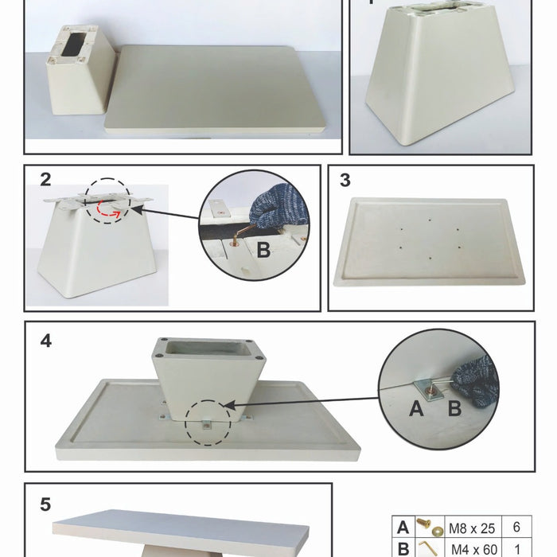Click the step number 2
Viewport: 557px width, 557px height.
pyautogui.click(x=45, y=180)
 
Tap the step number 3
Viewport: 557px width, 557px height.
pyautogui.click(x=345, y=180)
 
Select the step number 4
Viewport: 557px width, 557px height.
pyautogui.click(x=46, y=341)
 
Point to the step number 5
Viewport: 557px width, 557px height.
pyautogui.click(x=45, y=504)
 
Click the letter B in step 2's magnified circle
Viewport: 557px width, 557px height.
pyautogui.click(x=263, y=250)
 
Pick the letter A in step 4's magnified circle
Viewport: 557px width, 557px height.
pyautogui.click(x=416, y=408)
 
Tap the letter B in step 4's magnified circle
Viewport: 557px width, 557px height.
pyautogui.click(x=454, y=408)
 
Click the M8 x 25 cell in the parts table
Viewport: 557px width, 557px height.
pyautogui.click(x=472, y=528)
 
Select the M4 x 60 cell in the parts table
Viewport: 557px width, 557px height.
pyautogui.click(x=474, y=550)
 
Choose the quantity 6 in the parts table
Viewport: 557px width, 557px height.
pyautogui.click(x=516, y=527)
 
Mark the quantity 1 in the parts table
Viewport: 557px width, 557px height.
pyautogui.click(x=517, y=549)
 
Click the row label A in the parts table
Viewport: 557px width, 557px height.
pyautogui.click(x=403, y=528)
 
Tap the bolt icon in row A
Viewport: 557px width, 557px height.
pyautogui.click(x=430, y=527)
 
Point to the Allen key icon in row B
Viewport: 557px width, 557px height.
pyautogui.click(x=428, y=548)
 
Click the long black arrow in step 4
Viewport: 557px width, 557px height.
pyautogui.click(x=301, y=402)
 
